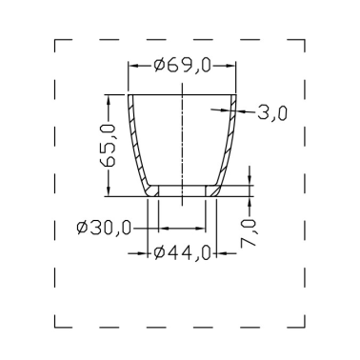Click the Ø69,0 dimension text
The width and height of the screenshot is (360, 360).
(181, 65)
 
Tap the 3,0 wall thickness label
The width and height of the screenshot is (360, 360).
(272, 113)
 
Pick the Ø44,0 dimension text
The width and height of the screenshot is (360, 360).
(181, 252)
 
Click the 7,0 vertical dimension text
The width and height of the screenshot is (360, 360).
(250, 232)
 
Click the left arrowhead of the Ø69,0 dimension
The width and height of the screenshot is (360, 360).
(133, 65)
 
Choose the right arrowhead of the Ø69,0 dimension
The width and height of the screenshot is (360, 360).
(230, 65)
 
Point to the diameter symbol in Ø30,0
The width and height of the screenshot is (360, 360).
(82, 229)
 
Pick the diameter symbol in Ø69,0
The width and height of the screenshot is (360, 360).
(159, 65)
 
